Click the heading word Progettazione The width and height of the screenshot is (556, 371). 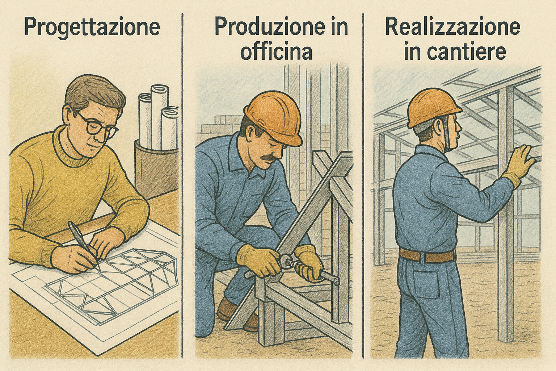92,28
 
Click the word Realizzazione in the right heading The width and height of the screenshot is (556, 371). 452,26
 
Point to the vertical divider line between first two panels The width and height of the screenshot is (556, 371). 182,186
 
